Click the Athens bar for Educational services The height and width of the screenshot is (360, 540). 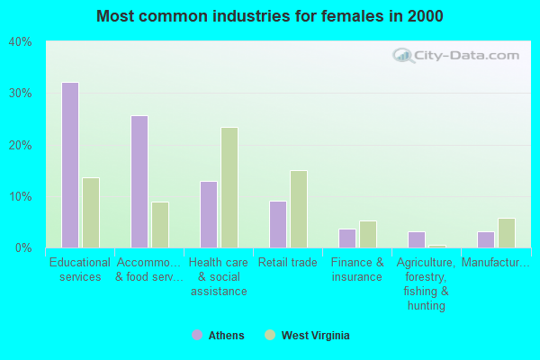70,165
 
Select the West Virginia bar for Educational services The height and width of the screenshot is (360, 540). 91,212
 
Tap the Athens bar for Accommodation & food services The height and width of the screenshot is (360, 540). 139,182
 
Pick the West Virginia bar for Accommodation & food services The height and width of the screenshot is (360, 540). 160,225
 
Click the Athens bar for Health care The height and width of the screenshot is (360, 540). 209,214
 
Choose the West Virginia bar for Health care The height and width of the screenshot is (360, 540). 229,187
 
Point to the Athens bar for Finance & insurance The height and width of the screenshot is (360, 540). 347,238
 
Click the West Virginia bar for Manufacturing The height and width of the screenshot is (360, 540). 507,233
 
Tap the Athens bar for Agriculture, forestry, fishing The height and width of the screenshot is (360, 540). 417,239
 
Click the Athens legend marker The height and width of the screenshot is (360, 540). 197,336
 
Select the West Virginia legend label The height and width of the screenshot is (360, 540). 315,336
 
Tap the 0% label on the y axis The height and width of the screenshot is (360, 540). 23,248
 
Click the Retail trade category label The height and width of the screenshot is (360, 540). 287,263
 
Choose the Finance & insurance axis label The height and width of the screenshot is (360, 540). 356,270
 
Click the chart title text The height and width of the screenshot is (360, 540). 270,16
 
